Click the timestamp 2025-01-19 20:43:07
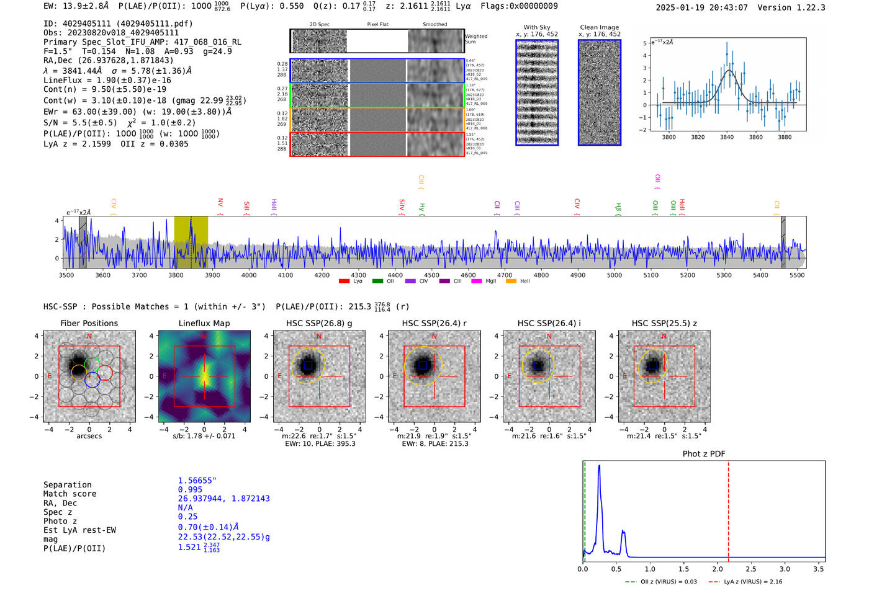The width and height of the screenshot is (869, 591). point(701,7)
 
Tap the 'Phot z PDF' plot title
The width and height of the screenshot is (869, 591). point(704,454)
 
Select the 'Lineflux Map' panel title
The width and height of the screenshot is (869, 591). point(204,323)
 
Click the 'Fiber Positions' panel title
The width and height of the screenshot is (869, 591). point(89,323)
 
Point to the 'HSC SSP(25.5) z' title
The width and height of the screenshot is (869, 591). point(664,323)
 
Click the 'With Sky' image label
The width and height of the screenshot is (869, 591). point(537,27)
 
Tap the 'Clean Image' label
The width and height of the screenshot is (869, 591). point(599,27)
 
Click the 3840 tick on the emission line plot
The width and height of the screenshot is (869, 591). point(727,137)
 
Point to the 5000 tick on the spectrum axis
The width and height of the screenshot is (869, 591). point(615,275)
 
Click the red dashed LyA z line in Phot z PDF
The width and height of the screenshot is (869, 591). point(728,509)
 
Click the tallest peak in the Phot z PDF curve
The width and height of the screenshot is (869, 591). point(599,466)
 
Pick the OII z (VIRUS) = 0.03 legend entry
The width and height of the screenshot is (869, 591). point(662,582)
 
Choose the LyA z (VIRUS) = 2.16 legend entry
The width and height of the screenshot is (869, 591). point(745,582)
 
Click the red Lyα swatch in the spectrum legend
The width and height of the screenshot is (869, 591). point(344,282)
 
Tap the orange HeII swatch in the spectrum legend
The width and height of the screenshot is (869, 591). point(511,282)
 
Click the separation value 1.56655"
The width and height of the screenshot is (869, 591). point(197,481)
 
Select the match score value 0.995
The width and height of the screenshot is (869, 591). point(190,489)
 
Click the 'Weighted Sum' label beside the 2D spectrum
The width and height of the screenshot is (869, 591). point(476,39)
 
